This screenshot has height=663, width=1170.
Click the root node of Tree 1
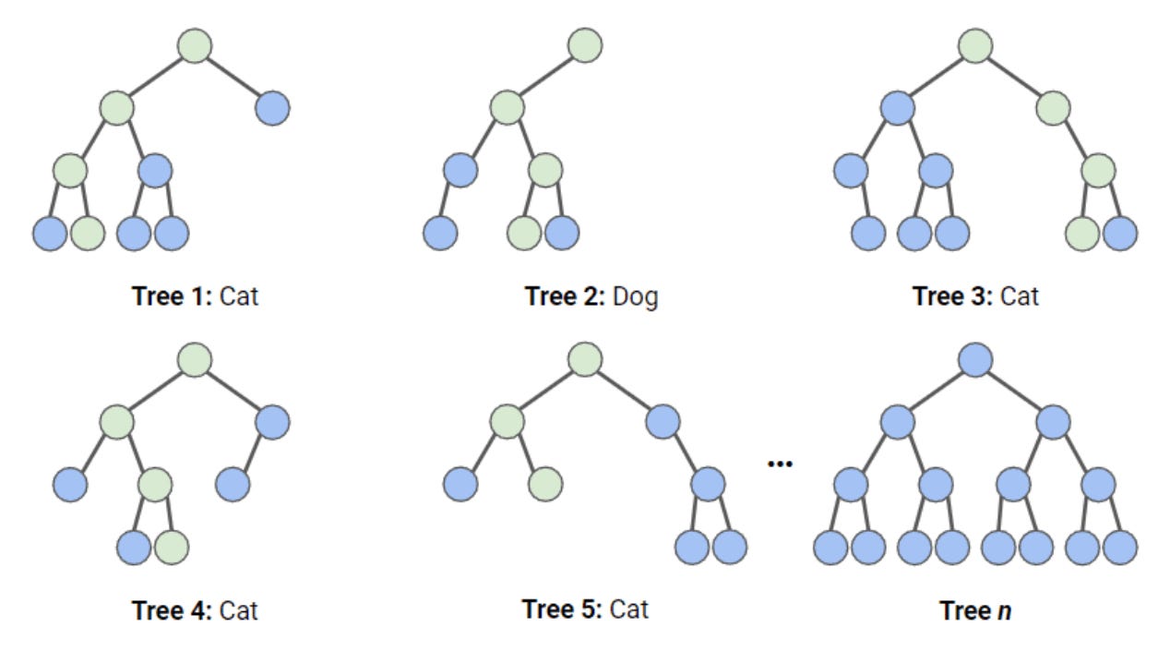click(195, 46)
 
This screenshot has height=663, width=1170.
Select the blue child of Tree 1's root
click(272, 108)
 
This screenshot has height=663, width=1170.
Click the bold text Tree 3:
click(953, 297)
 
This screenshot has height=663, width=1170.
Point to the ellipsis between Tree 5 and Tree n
click(781, 463)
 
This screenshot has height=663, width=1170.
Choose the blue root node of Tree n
click(975, 359)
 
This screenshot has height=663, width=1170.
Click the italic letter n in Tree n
click(1005, 610)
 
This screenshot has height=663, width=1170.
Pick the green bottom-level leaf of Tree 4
click(172, 547)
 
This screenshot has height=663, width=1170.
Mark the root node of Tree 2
click(585, 45)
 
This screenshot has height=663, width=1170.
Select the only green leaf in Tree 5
click(545, 483)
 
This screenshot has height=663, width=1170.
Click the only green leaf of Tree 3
click(1082, 233)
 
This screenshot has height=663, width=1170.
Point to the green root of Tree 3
click(975, 45)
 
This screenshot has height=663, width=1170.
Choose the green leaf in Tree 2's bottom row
click(524, 233)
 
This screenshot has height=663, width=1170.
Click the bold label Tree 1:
click(173, 297)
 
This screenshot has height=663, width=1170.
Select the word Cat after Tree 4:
click(238, 610)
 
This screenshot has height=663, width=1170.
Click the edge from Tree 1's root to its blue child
click(233, 78)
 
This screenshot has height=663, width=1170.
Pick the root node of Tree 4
click(195, 359)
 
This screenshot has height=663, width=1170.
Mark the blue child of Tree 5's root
click(663, 422)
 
